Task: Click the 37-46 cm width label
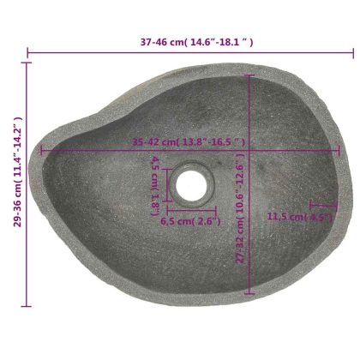pyautogui.click(x=197, y=41)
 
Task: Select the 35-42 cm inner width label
pyautogui.click(x=189, y=142)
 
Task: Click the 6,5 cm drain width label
pyautogui.click(x=191, y=220)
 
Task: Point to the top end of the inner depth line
pyautogui.click(x=250, y=75)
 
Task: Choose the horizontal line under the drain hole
pyautogui.click(x=191, y=208)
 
